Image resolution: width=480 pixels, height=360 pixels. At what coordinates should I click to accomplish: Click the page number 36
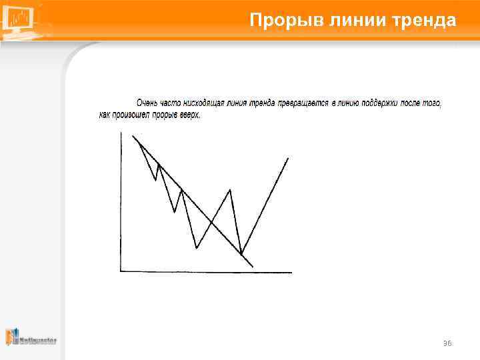point(447,343)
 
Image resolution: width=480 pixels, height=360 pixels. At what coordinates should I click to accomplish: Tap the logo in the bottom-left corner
point(31,337)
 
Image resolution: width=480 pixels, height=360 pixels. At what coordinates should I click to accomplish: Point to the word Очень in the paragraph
point(148,103)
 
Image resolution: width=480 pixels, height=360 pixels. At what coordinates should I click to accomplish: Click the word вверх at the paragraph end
point(189,115)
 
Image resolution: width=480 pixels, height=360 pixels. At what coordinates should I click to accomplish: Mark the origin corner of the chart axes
point(121,271)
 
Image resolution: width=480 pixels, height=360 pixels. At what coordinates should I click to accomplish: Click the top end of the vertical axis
point(121,132)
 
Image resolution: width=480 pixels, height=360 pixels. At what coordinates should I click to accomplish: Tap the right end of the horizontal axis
point(291,272)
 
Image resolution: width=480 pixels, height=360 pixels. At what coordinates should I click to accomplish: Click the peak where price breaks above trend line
point(230,190)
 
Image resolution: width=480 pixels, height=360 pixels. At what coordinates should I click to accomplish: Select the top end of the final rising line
point(288,158)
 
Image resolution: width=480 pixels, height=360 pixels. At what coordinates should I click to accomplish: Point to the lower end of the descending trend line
point(253,267)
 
